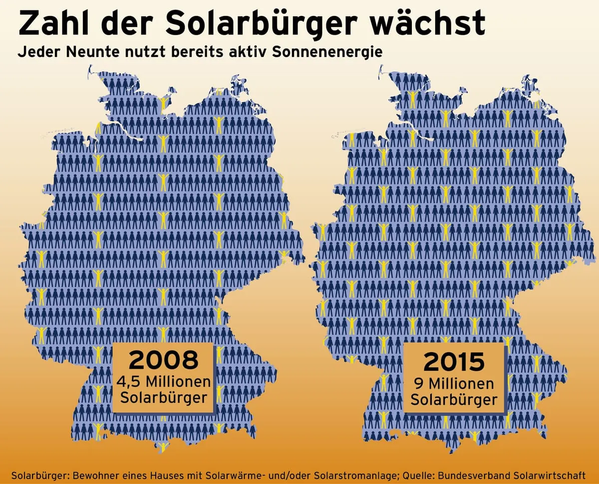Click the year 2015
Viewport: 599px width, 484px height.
(x=454, y=362)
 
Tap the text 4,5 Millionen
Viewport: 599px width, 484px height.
(x=163, y=382)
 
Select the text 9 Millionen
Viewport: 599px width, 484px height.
(x=454, y=384)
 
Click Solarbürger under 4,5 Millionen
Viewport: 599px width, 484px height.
(x=163, y=399)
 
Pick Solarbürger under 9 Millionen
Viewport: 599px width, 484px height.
(x=454, y=400)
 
